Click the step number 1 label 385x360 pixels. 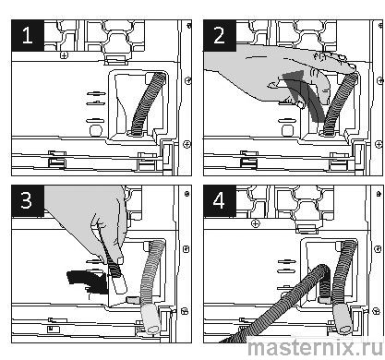28,35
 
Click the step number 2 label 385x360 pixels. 219,35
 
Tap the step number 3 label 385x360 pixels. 27,200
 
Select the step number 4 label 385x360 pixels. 219,201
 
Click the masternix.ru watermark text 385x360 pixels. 315,347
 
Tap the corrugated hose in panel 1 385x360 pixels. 148,102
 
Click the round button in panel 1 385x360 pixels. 96,130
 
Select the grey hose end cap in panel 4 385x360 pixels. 343,318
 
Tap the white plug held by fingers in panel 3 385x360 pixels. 118,284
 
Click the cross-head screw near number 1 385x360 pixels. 64,55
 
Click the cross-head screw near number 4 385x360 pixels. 256,223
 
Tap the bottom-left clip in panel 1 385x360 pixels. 57,159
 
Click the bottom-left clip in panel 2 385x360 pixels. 249,159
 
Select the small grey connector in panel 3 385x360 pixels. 133,299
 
